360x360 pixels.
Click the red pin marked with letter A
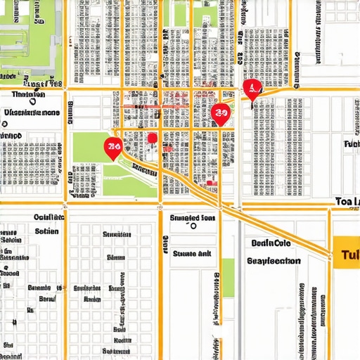coord(251,88)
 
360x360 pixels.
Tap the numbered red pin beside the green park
coord(112,147)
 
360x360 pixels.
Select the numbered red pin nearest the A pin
coord(221,113)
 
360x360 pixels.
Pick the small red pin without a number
coord(152,138)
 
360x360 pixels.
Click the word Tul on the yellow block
coord(347,254)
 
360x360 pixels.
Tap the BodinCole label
coord(271,243)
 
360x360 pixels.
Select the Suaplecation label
coord(274,260)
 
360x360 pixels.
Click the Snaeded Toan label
coord(193,218)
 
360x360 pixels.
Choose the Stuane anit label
coord(193,253)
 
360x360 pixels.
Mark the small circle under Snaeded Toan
coord(193,227)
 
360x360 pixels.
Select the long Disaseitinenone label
coord(32,112)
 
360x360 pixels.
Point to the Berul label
coord(46,299)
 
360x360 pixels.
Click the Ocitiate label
coord(49,217)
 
